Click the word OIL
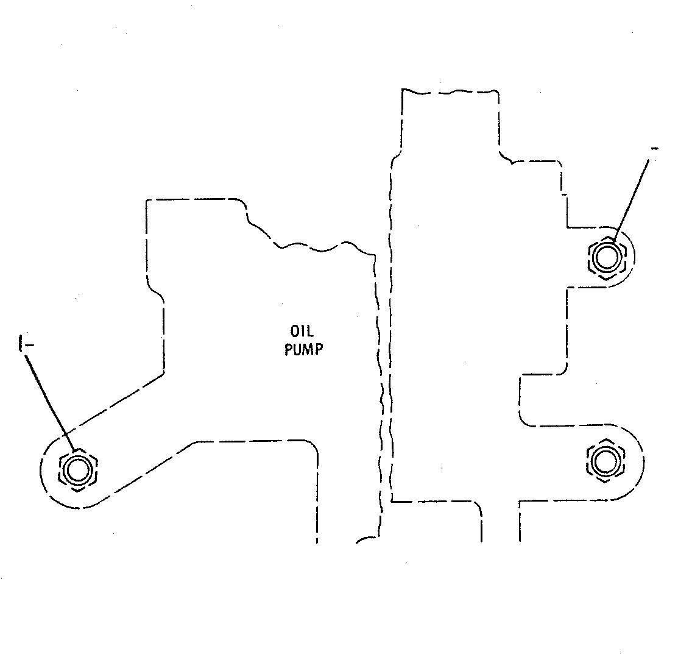tap(302, 331)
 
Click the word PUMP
tap(303, 349)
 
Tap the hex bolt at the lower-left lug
tap(78, 470)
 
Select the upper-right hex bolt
tap(607, 257)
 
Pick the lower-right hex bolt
tap(605, 461)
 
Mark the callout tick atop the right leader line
tap(654, 149)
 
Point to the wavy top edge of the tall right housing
tap(450, 92)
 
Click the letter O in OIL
tap(294, 331)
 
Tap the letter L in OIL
tap(310, 331)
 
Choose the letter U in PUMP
tap(298, 349)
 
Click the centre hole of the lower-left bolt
tap(78, 470)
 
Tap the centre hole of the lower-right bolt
tap(605, 461)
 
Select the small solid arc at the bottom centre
tap(366, 539)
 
